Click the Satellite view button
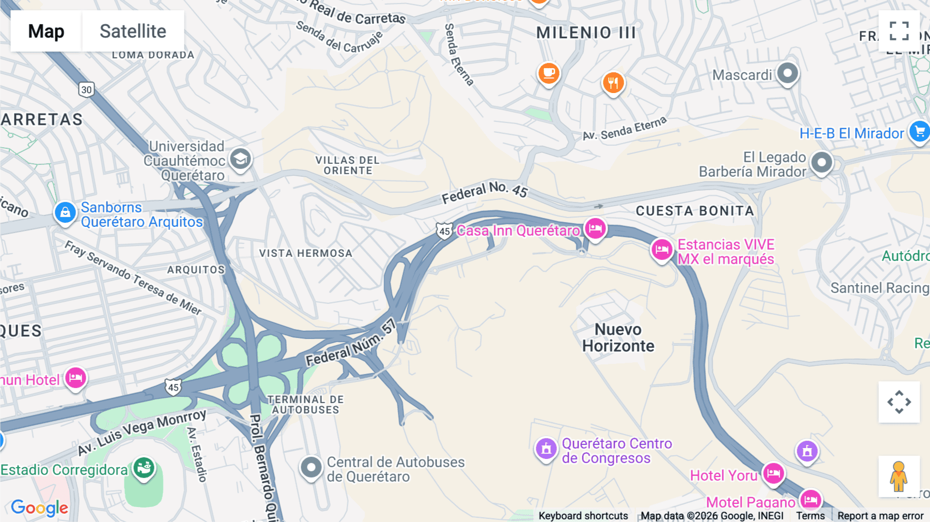click(x=133, y=31)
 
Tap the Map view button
click(x=46, y=31)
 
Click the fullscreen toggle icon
click(x=899, y=31)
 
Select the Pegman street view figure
click(x=898, y=476)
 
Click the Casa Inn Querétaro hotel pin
click(x=595, y=228)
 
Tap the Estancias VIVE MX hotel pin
click(x=661, y=250)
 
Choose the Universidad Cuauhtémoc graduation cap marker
click(x=240, y=159)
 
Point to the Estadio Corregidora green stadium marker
click(x=144, y=468)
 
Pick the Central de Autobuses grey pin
click(x=311, y=467)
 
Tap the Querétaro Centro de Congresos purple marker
click(x=546, y=449)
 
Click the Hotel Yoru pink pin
click(x=773, y=473)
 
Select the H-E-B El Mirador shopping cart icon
click(x=920, y=131)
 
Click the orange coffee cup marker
click(x=549, y=73)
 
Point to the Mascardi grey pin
click(x=787, y=73)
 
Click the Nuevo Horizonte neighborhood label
click(x=618, y=337)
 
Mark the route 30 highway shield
click(x=86, y=89)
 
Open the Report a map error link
click(x=880, y=516)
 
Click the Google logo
click(x=39, y=508)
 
